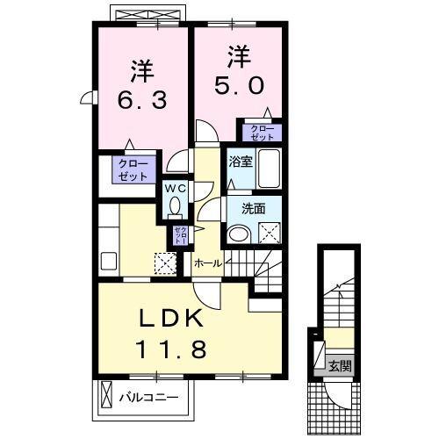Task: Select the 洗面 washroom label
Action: (255, 210)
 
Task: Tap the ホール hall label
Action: (206, 263)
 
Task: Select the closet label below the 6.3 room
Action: (135, 169)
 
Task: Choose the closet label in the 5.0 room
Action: (263, 133)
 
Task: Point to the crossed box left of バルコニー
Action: (105, 397)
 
